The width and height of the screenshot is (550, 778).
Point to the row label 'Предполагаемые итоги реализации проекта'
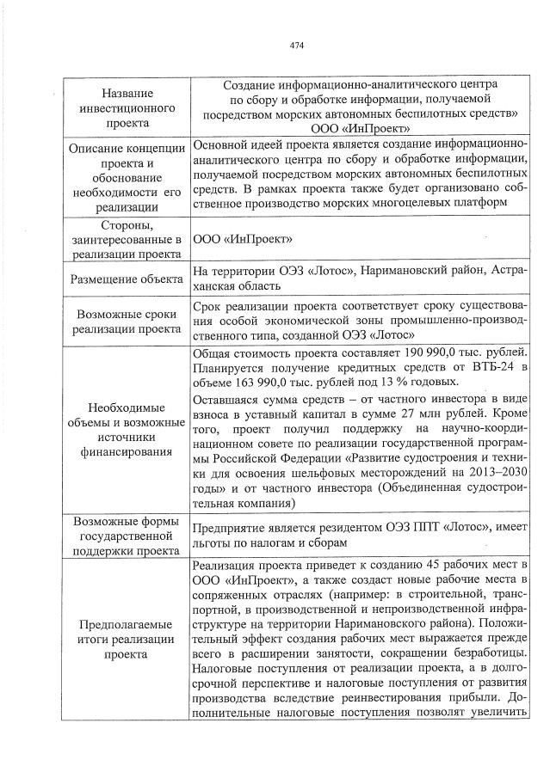pos(127,639)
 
